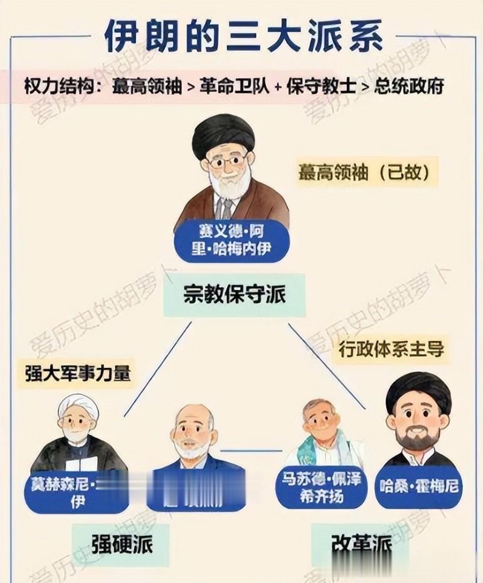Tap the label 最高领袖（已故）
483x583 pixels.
click(367, 172)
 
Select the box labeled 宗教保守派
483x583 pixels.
click(234, 294)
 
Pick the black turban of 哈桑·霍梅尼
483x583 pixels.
click(418, 389)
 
